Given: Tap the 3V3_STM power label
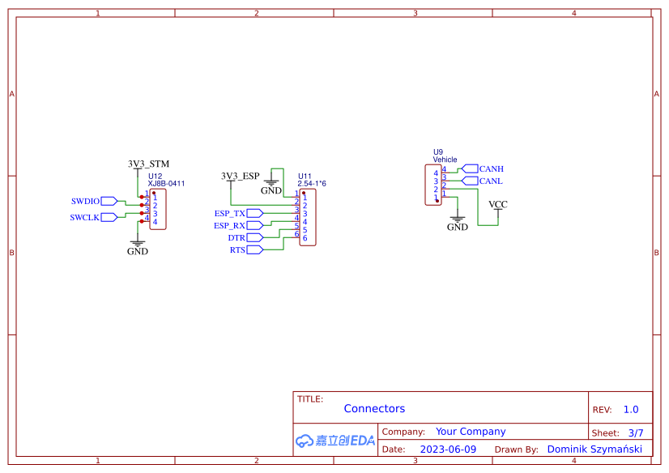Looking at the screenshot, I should [148, 164].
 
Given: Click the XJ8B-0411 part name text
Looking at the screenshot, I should [166, 184].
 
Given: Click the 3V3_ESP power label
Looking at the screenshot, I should [241, 176].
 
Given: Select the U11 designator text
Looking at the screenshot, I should [305, 176].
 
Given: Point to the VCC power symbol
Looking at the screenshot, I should [498, 206].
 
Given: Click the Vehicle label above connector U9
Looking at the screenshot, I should [445, 160].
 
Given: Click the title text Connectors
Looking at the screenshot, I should [374, 409].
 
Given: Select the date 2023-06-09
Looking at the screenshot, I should [448, 449].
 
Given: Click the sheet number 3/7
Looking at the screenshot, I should [635, 433].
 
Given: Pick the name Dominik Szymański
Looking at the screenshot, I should [594, 449].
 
